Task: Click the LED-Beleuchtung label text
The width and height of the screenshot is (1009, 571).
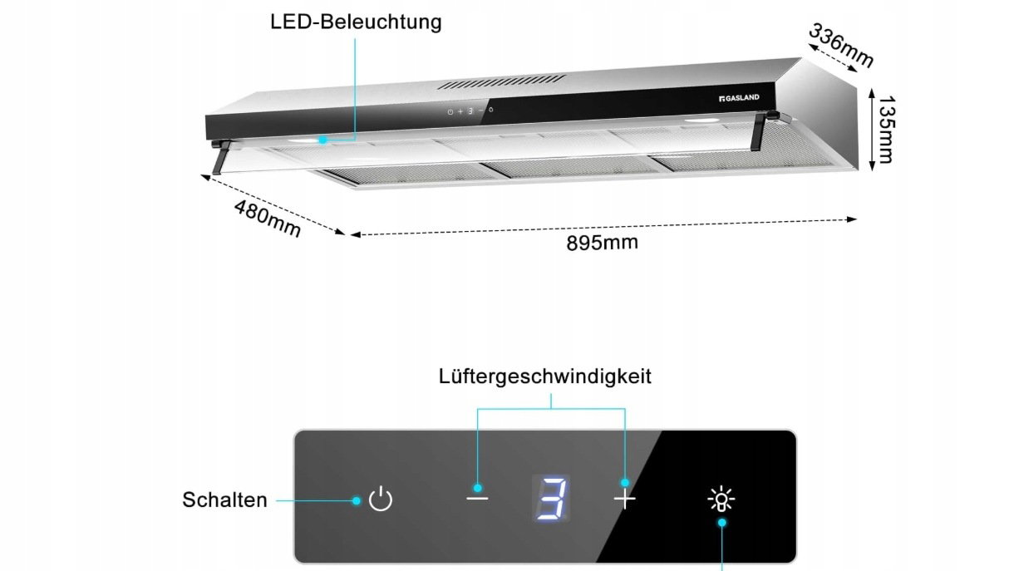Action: coord(356,22)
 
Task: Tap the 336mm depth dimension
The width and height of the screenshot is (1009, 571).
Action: coord(841,46)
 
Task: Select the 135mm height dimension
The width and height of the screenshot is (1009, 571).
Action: coord(887,130)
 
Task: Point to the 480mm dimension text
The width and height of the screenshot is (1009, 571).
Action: coord(268,219)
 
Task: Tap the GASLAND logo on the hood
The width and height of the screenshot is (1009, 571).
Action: coord(739,98)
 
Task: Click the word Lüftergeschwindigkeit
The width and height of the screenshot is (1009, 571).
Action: coord(545,377)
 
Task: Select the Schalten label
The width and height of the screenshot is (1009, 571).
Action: coord(224,500)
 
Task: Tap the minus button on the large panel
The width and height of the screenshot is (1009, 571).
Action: coord(477,498)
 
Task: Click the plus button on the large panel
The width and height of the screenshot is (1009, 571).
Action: coord(625,499)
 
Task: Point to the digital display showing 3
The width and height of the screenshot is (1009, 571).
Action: coord(551,499)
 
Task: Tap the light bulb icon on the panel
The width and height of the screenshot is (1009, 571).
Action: coord(721,499)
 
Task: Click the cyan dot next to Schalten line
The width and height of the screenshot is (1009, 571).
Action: coord(357,500)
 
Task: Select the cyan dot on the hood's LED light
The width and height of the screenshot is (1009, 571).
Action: coord(322,140)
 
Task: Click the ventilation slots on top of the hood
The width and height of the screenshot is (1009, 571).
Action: coord(501,82)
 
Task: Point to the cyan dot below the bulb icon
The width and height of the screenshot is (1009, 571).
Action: coord(722,522)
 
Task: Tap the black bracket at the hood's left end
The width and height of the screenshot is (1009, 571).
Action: coord(221,157)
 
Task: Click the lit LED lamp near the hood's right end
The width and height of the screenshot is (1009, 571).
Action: coord(702,121)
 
